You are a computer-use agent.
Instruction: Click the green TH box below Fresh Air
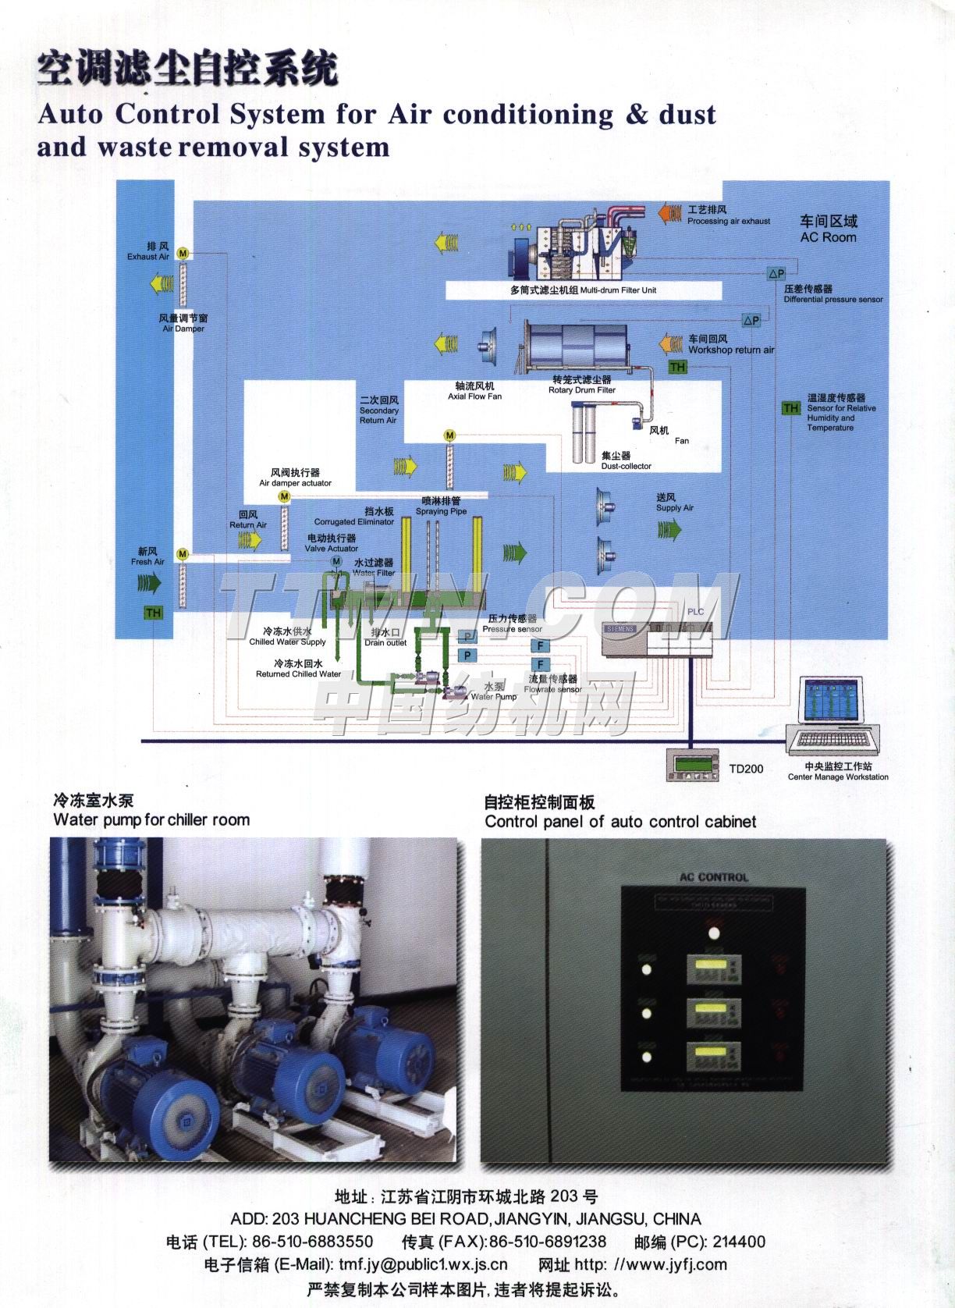(153, 613)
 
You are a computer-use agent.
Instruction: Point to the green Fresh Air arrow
(148, 581)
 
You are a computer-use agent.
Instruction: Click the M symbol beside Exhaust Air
(183, 254)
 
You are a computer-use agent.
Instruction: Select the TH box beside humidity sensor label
(791, 408)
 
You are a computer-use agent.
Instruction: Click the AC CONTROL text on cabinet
(713, 877)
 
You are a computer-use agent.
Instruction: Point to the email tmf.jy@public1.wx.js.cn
(422, 1265)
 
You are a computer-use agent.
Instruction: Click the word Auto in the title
(70, 115)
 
